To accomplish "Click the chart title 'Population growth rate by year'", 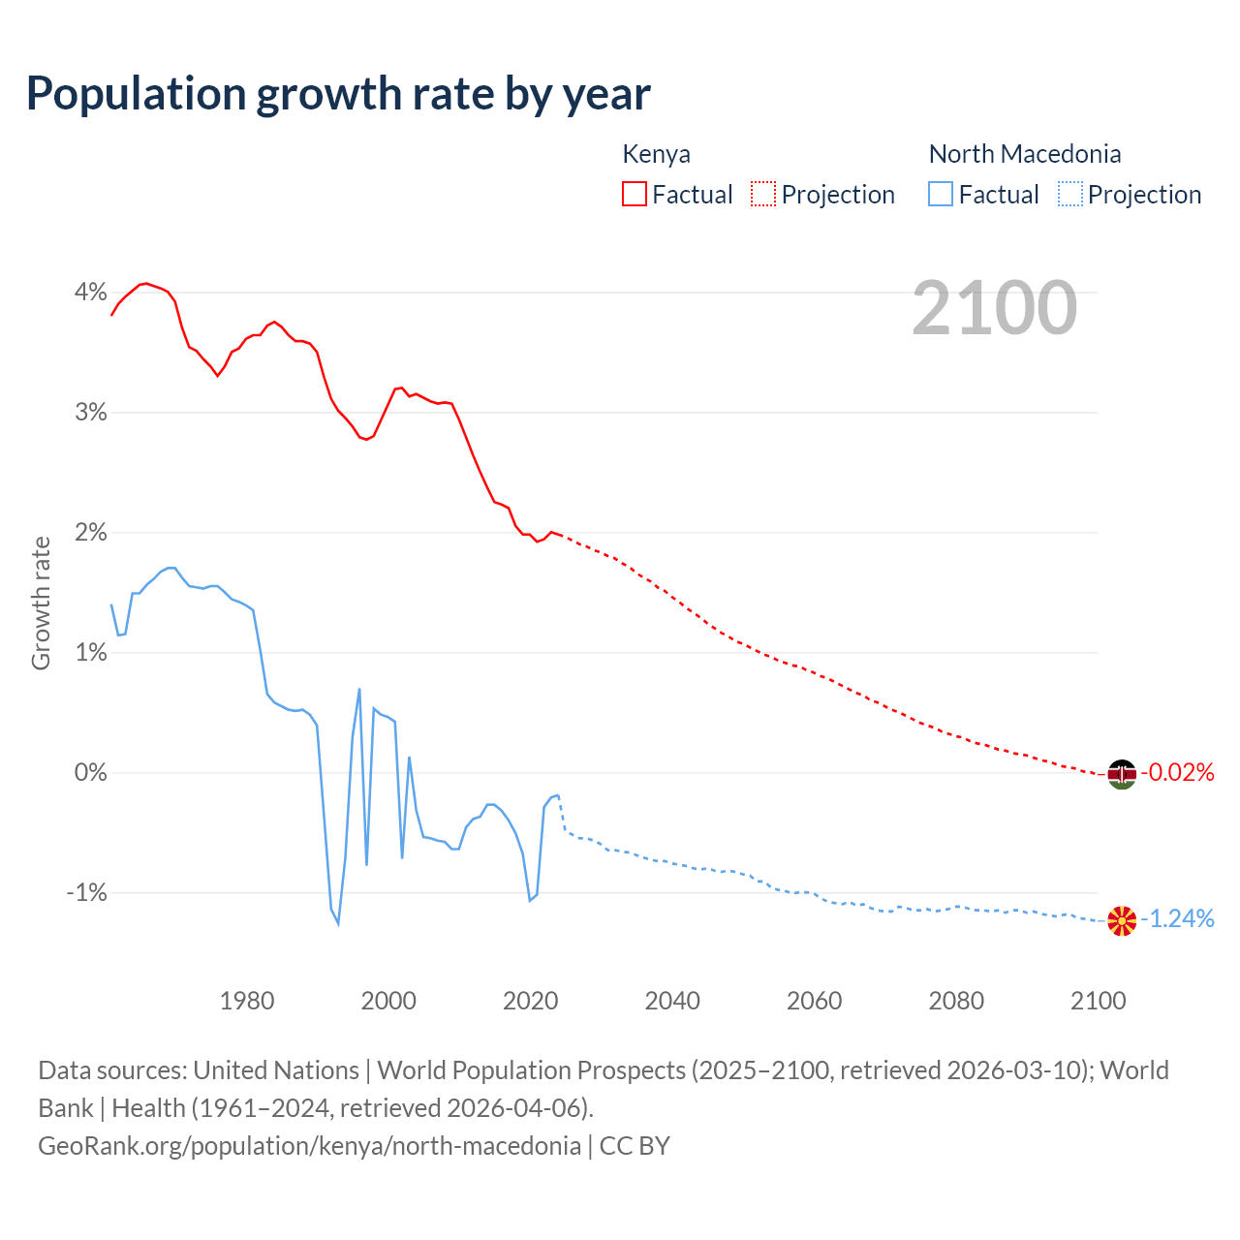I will point(338,94).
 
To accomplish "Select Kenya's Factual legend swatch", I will point(635,195).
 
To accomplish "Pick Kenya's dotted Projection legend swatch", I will point(763,195).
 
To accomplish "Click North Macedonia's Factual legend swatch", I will point(941,195).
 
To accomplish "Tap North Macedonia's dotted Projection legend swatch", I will point(1070,195).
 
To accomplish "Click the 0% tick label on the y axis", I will point(91,773).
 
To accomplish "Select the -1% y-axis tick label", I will point(87,893).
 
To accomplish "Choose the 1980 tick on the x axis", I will point(247,1001).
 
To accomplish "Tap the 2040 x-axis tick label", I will point(672,1001).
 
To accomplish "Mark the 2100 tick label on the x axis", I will point(1098,1001).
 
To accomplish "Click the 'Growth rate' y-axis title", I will point(41,603).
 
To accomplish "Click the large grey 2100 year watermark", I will point(994,308).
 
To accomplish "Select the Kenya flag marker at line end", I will point(1122,774).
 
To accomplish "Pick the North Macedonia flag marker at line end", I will point(1122,920).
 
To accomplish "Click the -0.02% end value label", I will point(1178,773).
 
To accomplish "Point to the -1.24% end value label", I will point(1178,919).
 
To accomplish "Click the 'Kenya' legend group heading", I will point(656,154).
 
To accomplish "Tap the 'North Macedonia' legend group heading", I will point(1025,154).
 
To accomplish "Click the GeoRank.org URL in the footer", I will point(309,1146).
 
